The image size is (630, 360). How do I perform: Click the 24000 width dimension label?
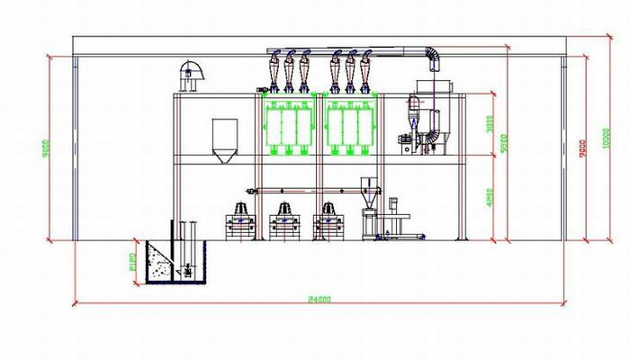click(x=313, y=299)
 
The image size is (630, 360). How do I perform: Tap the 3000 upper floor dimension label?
click(x=489, y=124)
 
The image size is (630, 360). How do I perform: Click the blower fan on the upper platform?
click(x=191, y=76)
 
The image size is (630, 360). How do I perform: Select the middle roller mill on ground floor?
click(x=285, y=221)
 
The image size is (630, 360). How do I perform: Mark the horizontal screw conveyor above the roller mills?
click(x=310, y=190)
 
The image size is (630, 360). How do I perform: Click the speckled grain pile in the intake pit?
click(x=162, y=265)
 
